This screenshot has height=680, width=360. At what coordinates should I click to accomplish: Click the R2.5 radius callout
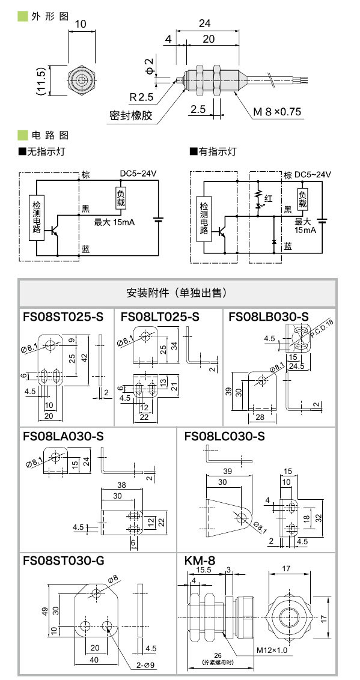click(x=142, y=96)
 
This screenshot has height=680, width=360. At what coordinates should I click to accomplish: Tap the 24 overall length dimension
click(x=204, y=24)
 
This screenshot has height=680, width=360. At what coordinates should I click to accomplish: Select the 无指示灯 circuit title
click(x=45, y=152)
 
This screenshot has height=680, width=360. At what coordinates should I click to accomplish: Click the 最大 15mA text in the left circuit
click(x=114, y=222)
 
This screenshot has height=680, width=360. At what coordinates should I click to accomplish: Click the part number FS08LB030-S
click(x=269, y=317)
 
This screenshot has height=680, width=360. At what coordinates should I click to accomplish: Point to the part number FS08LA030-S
click(x=63, y=436)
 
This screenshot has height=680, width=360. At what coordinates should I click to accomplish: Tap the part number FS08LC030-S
click(x=224, y=436)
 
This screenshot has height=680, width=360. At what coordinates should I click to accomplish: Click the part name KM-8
click(x=197, y=561)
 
